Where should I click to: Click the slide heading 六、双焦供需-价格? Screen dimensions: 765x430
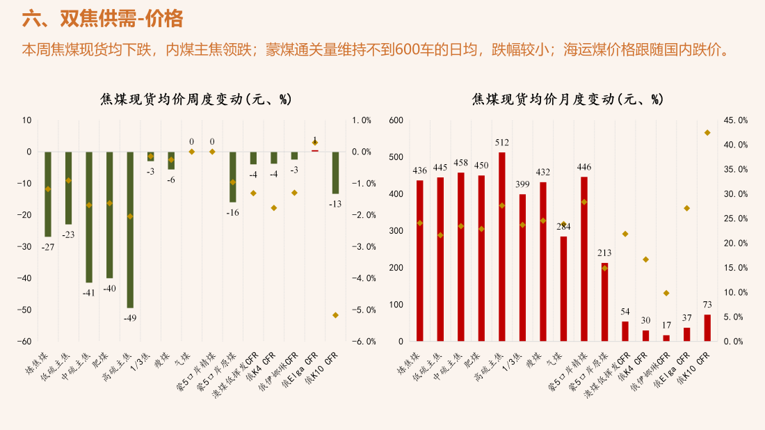point(102,19)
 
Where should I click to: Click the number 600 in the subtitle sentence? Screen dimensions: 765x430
point(408,50)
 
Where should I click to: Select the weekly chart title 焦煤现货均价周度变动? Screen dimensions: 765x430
point(172,99)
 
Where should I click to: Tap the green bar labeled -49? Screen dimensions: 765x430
point(130,230)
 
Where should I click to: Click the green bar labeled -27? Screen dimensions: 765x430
point(48,194)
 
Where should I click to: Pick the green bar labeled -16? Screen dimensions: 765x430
point(233,177)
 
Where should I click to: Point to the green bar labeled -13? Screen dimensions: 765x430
point(336,173)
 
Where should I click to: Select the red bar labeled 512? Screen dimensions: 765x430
point(502,247)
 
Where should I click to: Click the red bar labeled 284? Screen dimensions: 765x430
point(563,289)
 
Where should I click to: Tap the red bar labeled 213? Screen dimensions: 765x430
point(605,302)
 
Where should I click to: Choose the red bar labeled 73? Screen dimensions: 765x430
point(707,328)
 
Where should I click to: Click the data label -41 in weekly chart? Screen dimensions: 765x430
point(89,294)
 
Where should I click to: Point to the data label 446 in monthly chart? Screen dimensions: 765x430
point(584,168)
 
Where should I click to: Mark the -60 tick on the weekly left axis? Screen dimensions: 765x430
point(24,342)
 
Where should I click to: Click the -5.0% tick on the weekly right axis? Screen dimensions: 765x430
point(364,310)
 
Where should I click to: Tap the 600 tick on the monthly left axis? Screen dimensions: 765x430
point(396,120)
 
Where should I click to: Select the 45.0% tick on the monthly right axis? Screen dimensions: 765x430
point(736,120)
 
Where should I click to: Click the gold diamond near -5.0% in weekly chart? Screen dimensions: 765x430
point(336,315)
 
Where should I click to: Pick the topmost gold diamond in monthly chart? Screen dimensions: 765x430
point(707,133)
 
